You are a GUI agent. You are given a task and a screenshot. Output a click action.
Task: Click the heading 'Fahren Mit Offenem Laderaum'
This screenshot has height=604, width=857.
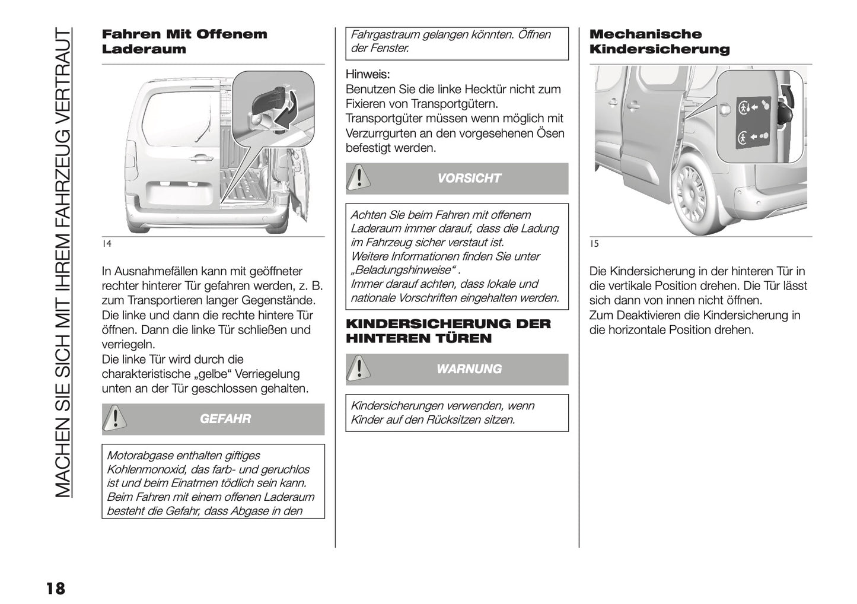point(184,42)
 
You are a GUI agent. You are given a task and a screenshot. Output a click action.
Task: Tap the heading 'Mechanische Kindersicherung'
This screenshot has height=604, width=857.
point(659,42)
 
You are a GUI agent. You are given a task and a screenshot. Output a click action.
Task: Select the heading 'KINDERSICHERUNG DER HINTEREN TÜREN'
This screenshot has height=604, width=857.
point(448,331)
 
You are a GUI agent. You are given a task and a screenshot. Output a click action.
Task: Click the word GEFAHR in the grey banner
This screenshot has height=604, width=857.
point(225,419)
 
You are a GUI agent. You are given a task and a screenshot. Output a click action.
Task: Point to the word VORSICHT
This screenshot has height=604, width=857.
point(469,178)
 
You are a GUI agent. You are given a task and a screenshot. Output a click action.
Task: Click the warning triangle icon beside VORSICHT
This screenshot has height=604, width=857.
point(357,178)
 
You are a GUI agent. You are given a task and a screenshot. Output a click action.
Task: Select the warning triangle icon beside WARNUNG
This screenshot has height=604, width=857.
point(357,369)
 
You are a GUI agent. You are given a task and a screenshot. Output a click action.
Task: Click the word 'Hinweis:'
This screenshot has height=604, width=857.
point(368,75)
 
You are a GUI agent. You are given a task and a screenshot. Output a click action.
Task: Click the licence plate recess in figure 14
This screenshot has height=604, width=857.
point(181,194)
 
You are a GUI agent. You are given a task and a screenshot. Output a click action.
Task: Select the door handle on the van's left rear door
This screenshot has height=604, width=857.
point(202,158)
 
